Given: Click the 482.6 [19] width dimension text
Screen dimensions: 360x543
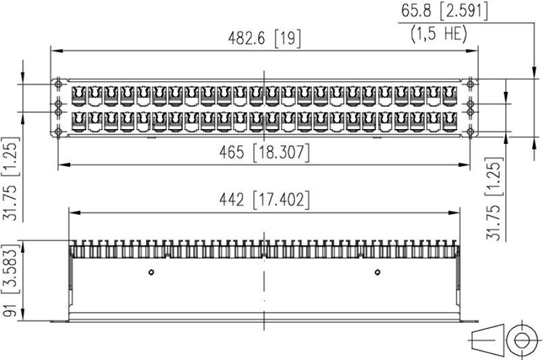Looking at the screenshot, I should coord(265,39).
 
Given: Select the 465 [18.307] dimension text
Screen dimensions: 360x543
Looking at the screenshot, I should coord(264,152).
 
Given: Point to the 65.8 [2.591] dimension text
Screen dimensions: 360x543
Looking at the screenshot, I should coord(443,11).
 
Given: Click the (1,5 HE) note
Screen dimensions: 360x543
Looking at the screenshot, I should coord(439,34).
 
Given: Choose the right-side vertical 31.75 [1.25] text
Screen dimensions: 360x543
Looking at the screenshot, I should coord(493,199).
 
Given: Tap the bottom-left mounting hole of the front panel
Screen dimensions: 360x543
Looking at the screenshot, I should coord(59,131).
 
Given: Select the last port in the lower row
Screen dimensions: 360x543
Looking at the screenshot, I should coord(449,122).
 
